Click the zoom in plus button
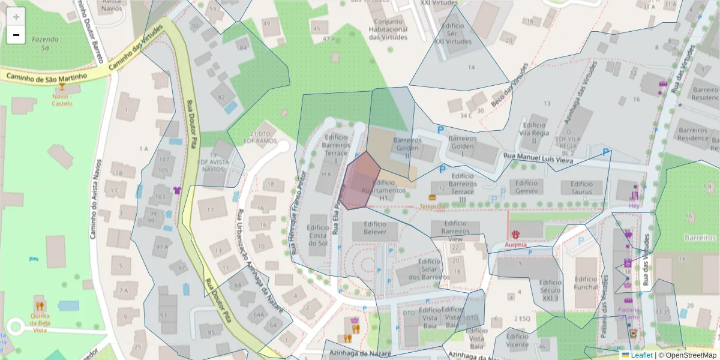tap(16, 17)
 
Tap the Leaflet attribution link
tap(641, 355)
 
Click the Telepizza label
tap(432, 206)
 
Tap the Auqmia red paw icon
tap(515, 233)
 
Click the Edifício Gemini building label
tap(526, 187)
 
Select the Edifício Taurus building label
tap(581, 187)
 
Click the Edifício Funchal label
tap(586, 283)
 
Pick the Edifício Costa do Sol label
tap(318, 235)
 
